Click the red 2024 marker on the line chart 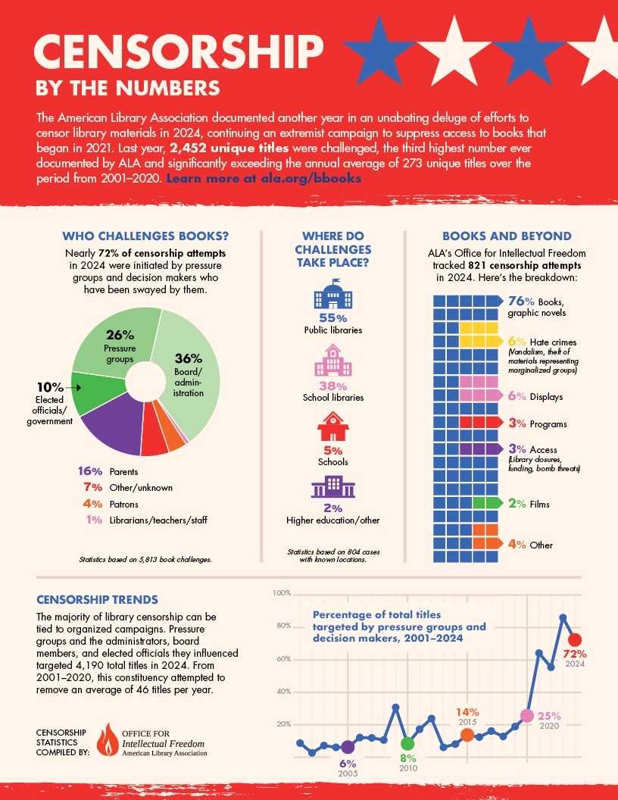[575, 639]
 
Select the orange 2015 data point [467, 735]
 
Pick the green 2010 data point [407, 743]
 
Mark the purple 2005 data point [348, 747]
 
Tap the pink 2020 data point [527, 716]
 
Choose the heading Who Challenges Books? [145, 236]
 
